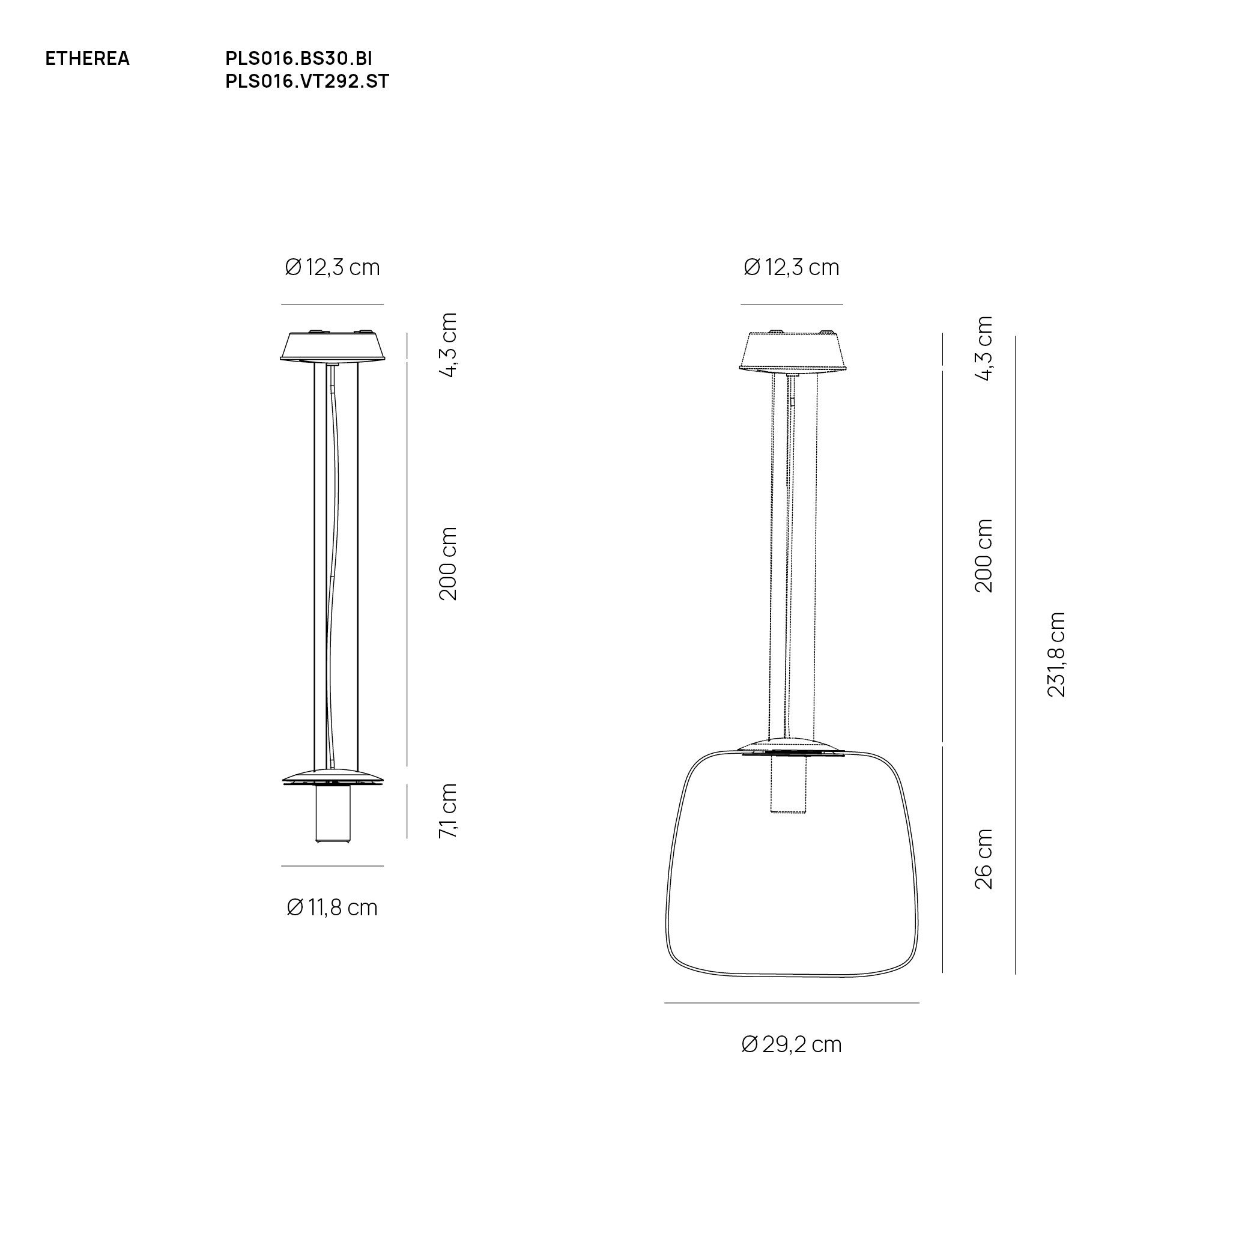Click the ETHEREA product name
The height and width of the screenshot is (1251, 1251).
point(88,59)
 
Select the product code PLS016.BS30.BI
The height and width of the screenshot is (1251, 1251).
point(298,59)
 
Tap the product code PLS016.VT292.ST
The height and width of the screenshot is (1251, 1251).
point(307,82)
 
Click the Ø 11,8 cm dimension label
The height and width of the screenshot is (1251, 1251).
point(332,908)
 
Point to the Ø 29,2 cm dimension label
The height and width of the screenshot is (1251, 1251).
point(792,1045)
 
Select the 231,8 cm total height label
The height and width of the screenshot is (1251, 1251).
point(1056,655)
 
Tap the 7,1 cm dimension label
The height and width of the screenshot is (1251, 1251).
point(448,811)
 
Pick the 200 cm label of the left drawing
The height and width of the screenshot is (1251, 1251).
point(448,563)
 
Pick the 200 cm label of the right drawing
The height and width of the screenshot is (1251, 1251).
point(984,556)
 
